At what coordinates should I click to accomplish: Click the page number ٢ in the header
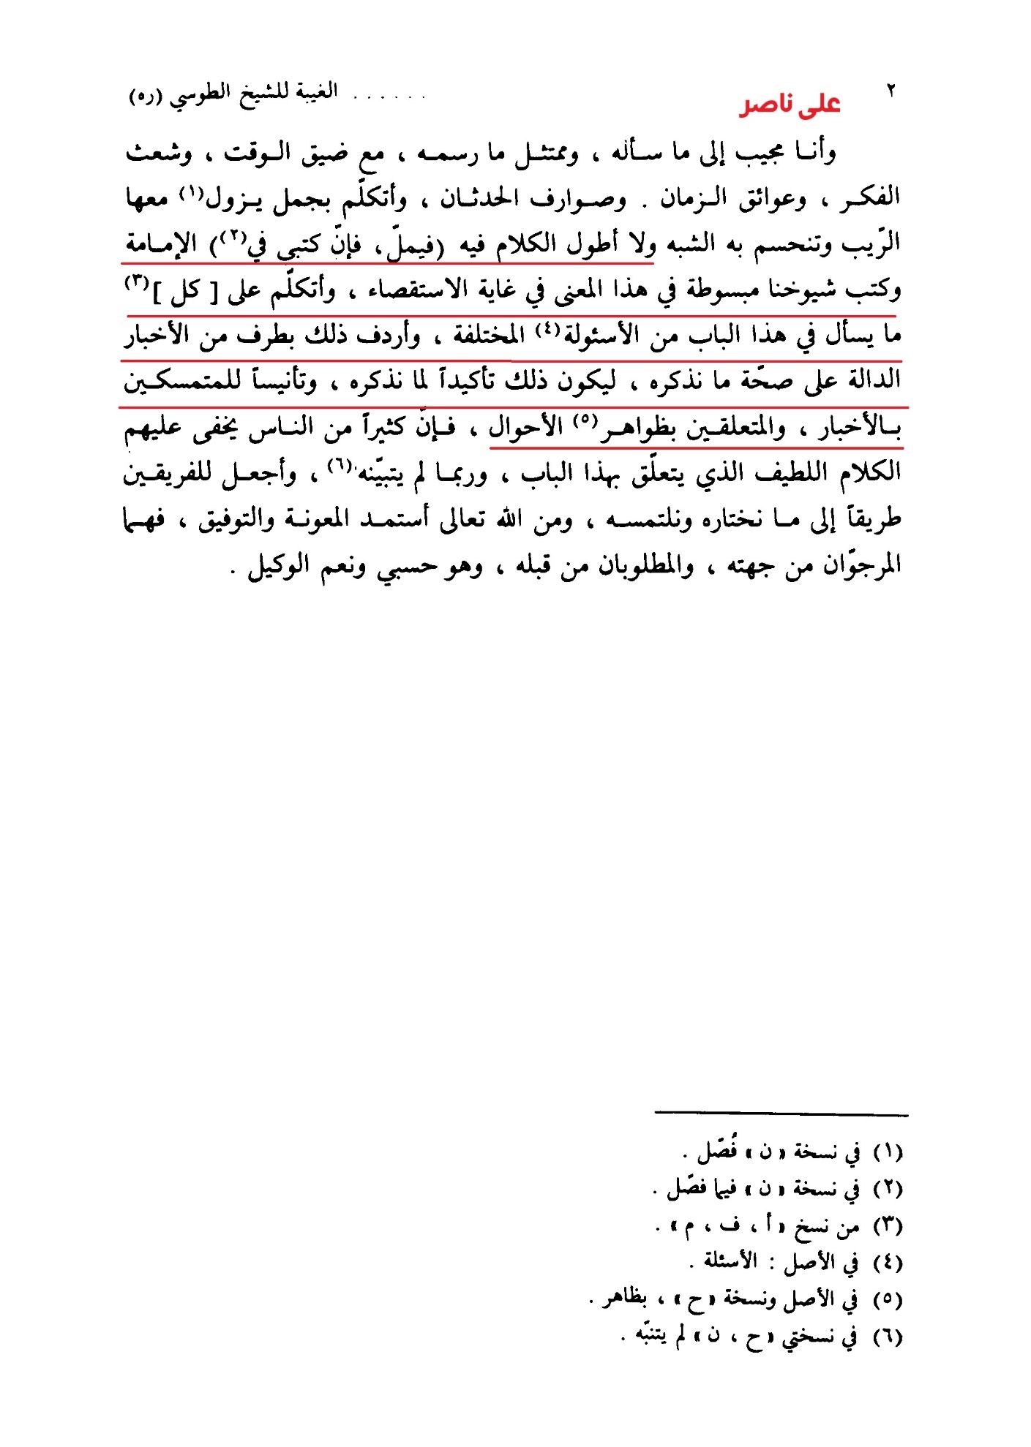coord(891,91)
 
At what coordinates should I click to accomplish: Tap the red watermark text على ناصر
coord(790,105)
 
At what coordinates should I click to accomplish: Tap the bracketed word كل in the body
coord(185,292)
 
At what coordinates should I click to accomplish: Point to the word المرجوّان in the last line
coord(861,565)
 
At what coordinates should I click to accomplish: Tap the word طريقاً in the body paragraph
coord(873,520)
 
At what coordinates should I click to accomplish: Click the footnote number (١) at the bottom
coord(888,1153)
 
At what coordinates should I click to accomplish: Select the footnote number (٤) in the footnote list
coord(888,1263)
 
